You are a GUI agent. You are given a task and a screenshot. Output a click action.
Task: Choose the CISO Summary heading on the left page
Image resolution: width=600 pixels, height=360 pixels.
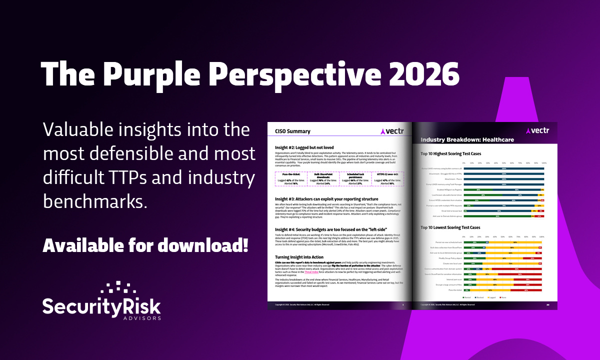(x=293, y=131)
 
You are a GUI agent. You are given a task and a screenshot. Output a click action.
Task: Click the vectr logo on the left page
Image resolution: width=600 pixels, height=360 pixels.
(x=392, y=131)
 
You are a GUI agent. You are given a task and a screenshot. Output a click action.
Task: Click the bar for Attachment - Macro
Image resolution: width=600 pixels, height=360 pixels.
(x=503, y=179)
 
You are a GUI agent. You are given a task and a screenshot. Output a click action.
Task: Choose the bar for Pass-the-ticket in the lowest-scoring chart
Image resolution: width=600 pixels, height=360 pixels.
(x=503, y=289)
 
